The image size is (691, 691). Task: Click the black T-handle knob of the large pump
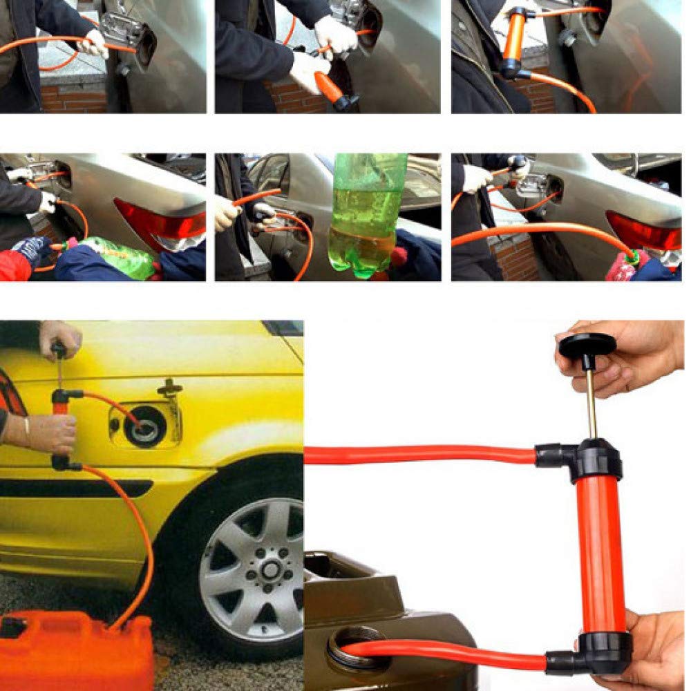point(587,344)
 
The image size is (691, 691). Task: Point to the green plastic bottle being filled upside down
point(363,214)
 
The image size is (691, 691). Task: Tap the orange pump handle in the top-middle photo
point(330,87)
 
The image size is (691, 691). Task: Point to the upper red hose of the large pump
point(422,455)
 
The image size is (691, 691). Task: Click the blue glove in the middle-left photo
point(31,249)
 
